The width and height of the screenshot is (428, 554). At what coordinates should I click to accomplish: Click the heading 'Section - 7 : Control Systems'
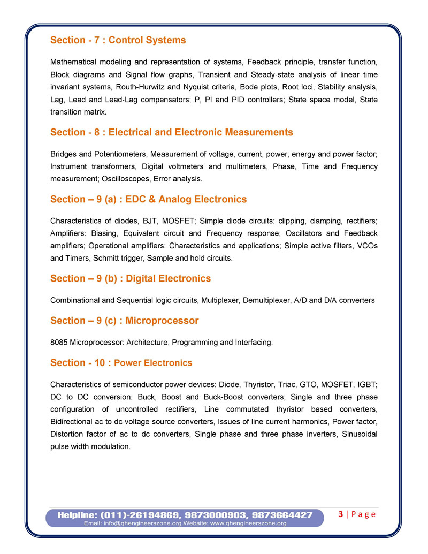pyautogui.click(x=118, y=40)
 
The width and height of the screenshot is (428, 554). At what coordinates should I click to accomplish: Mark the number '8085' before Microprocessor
pyautogui.click(x=59, y=342)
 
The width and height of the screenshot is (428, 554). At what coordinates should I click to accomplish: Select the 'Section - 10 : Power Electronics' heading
pyautogui.click(x=121, y=363)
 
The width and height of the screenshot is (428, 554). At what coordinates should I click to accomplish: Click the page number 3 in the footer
pyautogui.click(x=341, y=514)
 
